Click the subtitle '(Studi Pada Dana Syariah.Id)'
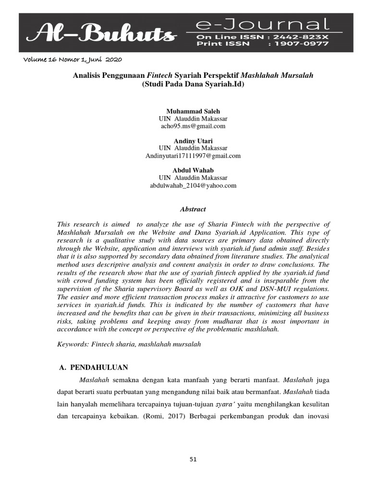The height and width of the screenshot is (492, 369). coord(193,84)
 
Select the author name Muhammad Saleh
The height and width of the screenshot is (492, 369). coord(193,111)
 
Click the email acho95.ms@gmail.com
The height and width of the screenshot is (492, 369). coord(193,126)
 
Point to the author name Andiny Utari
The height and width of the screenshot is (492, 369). coord(193,141)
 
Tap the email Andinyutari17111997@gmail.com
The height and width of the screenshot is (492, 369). coord(193,156)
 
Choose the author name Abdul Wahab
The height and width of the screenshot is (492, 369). coord(193,170)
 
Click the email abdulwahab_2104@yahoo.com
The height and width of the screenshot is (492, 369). coord(193,185)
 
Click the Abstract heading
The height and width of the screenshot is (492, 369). coord(193,209)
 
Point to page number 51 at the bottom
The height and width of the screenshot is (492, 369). coord(193,459)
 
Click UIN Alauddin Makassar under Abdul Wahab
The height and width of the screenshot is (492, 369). coord(193,178)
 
